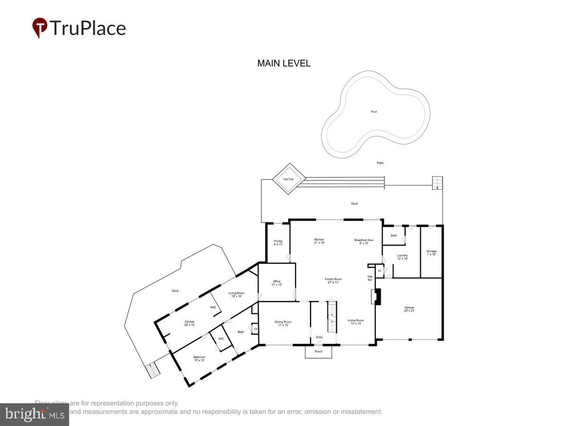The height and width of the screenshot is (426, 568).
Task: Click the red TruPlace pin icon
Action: point(40,27)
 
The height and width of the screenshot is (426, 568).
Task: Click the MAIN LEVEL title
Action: point(284,63)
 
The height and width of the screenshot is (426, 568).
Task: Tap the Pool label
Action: point(374,112)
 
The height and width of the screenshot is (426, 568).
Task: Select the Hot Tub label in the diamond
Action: point(288,179)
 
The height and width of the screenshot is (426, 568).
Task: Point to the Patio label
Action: point(380,163)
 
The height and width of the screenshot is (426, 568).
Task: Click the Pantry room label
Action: point(278,243)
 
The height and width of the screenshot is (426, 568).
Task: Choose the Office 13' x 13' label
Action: point(276,283)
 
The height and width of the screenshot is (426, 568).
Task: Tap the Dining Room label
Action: point(283,324)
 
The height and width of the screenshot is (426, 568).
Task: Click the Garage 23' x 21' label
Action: point(409,309)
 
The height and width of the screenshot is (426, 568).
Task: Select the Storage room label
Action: point(431,253)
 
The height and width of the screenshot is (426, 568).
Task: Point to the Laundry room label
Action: point(402,257)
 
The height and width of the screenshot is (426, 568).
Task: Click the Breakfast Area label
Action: point(364,242)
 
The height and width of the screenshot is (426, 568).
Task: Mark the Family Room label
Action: point(333,281)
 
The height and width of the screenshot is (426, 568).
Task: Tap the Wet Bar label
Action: point(370,278)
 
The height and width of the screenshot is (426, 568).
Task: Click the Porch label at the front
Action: point(319,352)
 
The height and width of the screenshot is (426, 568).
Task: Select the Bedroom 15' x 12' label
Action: point(199,359)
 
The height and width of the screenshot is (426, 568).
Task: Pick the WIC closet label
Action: point(221,339)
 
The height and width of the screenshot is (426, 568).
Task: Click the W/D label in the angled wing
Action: point(213,307)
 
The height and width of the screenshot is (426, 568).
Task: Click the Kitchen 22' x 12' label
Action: point(189,323)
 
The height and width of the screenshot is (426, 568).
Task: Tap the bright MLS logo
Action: point(34,415)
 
